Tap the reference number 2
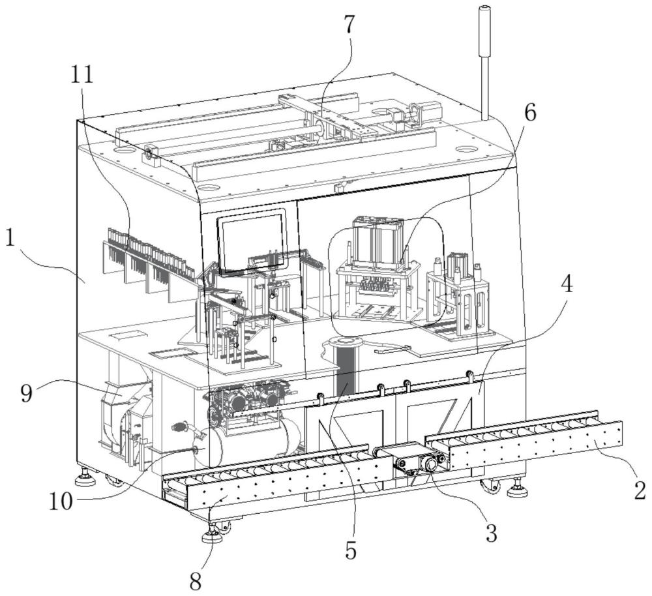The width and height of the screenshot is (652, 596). tap(639, 489)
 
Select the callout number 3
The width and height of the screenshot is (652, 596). tap(491, 533)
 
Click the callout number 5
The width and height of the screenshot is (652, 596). tap(351, 551)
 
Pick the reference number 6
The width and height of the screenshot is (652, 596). tap(529, 113)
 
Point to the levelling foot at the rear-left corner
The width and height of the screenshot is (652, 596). tap(85, 482)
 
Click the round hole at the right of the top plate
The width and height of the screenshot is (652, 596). tap(465, 149)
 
